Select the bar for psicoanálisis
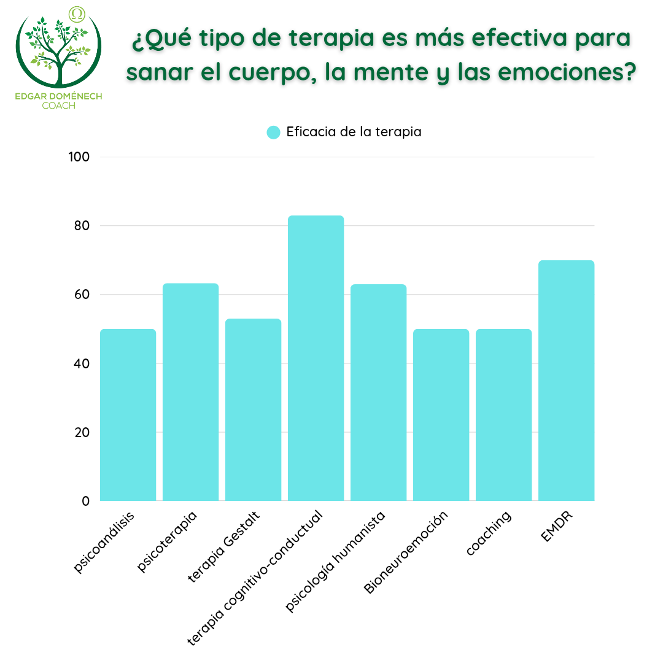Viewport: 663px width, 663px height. [x=128, y=415]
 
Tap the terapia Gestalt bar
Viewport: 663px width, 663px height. [x=253, y=409]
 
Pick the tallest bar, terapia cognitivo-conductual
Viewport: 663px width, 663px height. [x=316, y=358]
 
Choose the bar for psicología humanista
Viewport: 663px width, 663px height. [x=378, y=392]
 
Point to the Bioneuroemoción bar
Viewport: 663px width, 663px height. [x=441, y=415]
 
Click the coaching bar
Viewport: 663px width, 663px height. [x=503, y=415]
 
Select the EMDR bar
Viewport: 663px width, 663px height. [x=566, y=381]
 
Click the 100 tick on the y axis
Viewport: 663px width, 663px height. [x=79, y=157]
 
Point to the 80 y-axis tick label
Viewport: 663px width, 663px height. [x=82, y=226]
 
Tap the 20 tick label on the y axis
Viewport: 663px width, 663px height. [x=82, y=432]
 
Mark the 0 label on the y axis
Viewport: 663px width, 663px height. [x=85, y=501]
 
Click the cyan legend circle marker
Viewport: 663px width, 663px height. [x=274, y=132]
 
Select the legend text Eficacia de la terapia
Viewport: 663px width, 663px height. [x=354, y=132]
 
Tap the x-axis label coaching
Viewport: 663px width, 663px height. [x=489, y=533]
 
